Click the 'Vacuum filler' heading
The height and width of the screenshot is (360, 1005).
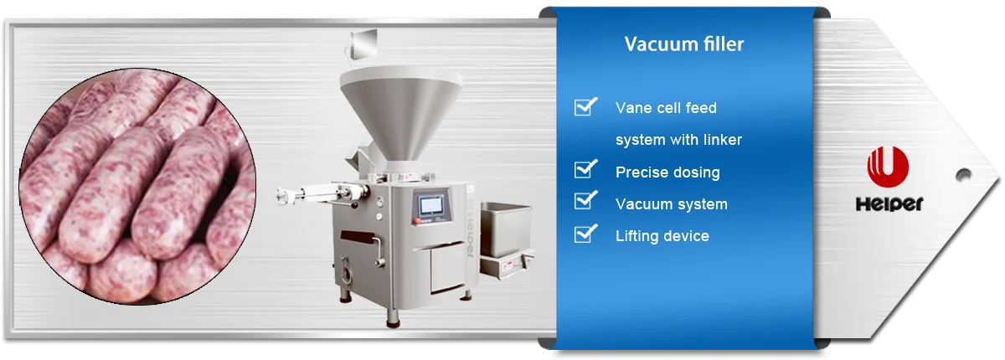click(683, 44)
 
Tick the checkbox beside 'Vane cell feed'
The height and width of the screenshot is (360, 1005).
click(585, 106)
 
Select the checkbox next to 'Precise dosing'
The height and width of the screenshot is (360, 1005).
click(585, 170)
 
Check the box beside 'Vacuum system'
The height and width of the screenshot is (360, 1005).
click(585, 202)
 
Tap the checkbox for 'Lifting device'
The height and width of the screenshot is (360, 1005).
click(585, 234)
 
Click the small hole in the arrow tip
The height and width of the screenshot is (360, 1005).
click(963, 175)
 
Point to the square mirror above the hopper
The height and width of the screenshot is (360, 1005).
click(364, 42)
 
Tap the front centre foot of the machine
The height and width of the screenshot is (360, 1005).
click(391, 316)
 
